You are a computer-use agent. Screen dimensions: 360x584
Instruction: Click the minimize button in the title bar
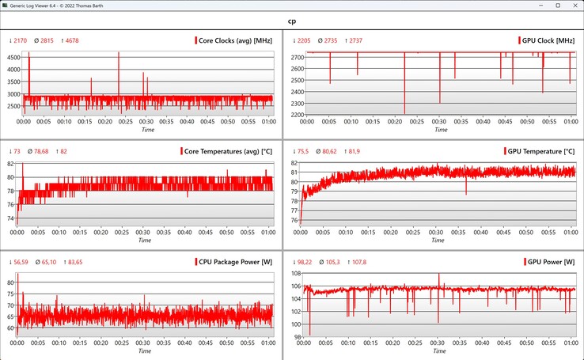[x=524, y=6]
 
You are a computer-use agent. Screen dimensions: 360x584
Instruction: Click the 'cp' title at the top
[x=291, y=21]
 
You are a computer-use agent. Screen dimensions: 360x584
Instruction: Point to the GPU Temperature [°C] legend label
[x=542, y=150]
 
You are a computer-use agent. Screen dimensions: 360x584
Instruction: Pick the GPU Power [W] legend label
[x=549, y=261]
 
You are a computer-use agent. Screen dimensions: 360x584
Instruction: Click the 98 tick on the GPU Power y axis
[x=294, y=336]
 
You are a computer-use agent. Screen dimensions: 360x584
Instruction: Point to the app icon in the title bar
[x=6, y=6]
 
